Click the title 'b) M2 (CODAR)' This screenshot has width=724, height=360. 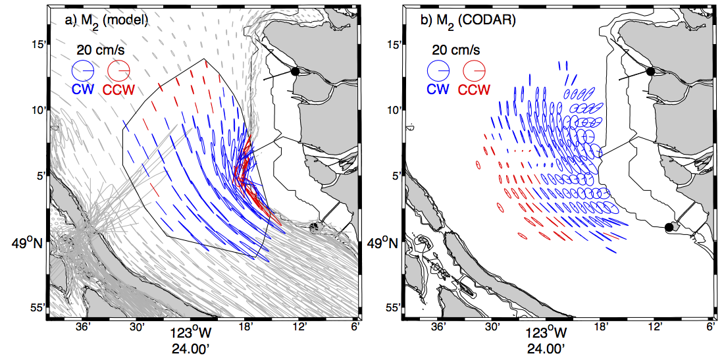pos(456,22)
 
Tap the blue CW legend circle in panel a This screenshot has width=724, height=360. pos(83,70)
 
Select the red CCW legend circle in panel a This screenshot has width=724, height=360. pos(118,70)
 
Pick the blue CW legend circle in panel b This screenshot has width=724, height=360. pos(438,70)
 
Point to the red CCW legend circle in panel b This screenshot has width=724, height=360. pos(474,70)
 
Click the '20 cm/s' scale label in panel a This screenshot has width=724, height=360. pos(100,50)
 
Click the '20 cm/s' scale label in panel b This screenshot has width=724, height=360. pos(455,50)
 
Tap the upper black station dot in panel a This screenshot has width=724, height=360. pos(296,71)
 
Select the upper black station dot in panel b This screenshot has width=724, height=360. pos(650,71)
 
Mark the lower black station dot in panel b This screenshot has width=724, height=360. pos(669,226)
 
